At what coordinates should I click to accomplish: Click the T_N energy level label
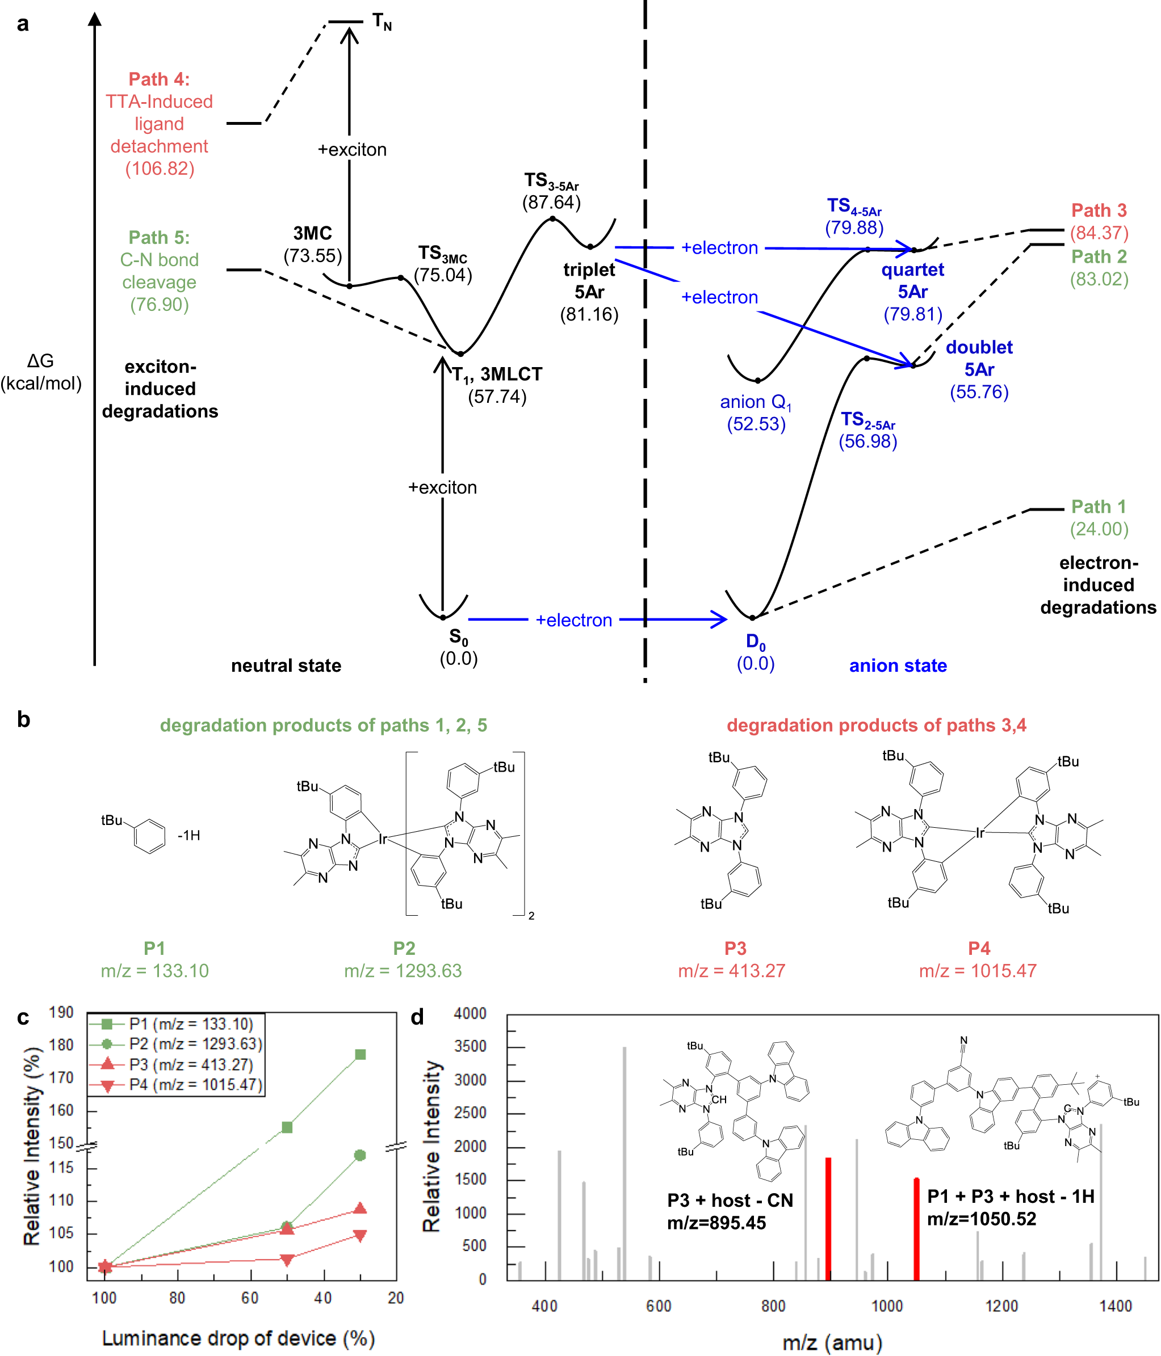coord(382,23)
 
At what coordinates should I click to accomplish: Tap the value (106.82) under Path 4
coord(160,169)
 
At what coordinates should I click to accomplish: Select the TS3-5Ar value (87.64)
coord(551,202)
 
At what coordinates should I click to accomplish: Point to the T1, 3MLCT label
coord(497,374)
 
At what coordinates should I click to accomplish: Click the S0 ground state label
coord(458,636)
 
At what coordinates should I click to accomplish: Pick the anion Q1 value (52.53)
coord(756,424)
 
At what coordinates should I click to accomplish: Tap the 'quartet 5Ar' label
coord(912,280)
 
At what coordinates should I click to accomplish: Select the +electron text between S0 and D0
coord(573,620)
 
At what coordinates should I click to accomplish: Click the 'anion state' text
coord(898,666)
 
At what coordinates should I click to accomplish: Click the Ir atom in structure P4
coord(980,832)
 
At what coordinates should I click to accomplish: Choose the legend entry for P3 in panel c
coord(190,1064)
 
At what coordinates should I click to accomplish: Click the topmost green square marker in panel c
coord(359,1054)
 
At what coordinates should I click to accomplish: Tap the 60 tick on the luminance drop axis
coord(249,1298)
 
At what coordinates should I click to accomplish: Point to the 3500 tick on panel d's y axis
coord(470,1046)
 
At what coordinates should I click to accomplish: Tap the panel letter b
coord(24,720)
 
